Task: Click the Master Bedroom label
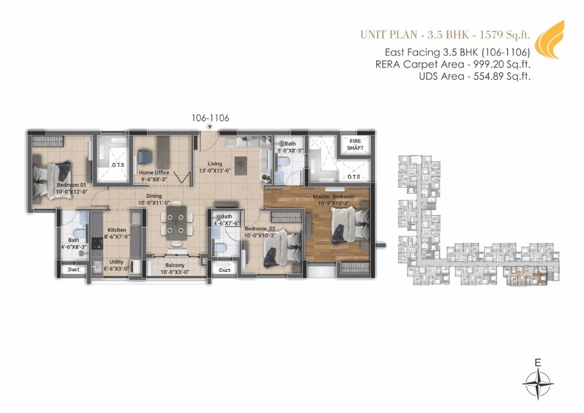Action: pos(333,197)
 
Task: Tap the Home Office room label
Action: pos(154,173)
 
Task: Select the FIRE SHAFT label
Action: pos(356,145)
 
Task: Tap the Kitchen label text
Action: pos(117,230)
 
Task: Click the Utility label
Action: pos(116,262)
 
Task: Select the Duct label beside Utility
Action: pos(73,270)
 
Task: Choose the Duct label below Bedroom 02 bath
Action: pos(225,270)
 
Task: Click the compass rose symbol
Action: pos(538,385)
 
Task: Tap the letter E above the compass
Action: pos(538,363)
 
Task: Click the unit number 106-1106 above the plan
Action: pos(210,118)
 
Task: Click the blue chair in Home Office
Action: pos(144,158)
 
